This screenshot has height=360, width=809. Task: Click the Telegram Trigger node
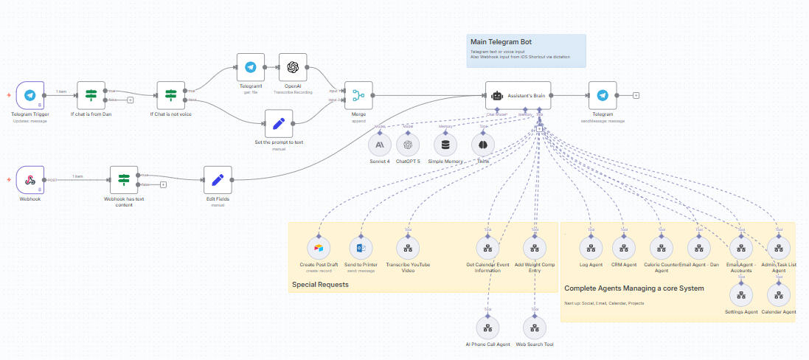point(30,96)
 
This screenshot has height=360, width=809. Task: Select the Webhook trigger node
point(30,180)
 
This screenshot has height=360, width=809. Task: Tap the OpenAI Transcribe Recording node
point(293,67)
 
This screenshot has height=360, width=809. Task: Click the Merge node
point(358,96)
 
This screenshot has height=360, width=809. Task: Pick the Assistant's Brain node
point(518,96)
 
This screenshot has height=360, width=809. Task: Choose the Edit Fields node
point(218,180)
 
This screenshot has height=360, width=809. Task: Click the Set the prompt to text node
point(279,124)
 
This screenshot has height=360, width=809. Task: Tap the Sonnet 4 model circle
point(380,145)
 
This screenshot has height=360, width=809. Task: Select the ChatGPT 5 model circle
point(408,145)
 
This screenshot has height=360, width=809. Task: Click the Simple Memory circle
point(446,145)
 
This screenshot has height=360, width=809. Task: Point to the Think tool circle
point(482,145)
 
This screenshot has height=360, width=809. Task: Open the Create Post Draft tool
point(318,247)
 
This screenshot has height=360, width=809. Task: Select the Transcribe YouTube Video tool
point(408,247)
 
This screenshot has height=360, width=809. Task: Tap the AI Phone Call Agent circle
point(487,327)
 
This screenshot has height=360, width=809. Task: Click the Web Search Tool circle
point(535,327)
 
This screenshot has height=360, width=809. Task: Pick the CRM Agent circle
point(624,247)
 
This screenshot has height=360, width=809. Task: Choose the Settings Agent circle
point(740,295)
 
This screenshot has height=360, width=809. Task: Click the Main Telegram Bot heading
point(501,41)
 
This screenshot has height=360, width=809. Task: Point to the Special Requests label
point(319,284)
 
